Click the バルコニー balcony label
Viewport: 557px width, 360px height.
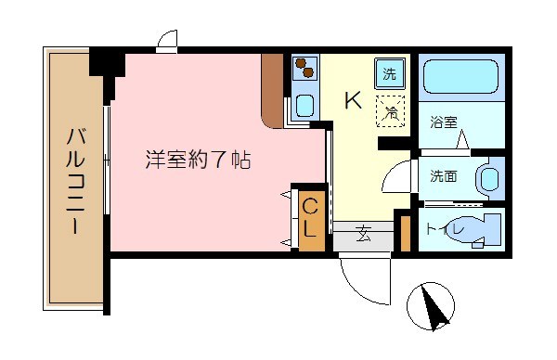75,181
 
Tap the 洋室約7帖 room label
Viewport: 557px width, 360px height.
197,159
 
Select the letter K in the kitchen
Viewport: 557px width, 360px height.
354,100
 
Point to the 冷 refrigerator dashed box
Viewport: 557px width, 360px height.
391,111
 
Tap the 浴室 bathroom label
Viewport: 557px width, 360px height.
443,122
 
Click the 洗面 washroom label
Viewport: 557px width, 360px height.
443,176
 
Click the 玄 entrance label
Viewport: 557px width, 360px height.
363,235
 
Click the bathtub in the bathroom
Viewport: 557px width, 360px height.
460,77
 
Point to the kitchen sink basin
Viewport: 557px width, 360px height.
303,104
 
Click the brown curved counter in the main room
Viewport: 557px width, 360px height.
272,90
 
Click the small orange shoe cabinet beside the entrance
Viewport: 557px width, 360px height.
404,233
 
